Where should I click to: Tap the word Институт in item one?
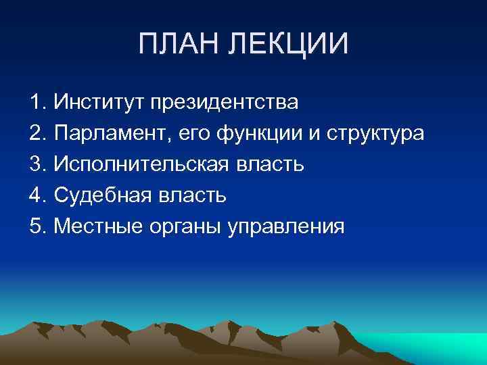point(99,103)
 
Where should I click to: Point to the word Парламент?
point(112,135)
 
